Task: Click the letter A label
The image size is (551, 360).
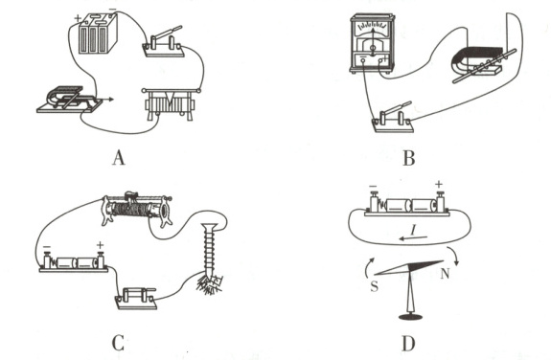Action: point(119,157)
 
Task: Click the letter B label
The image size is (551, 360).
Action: point(408,158)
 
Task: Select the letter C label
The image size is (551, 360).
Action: point(118,344)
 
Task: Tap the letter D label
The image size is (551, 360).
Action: point(408,344)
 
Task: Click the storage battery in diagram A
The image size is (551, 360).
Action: point(98,34)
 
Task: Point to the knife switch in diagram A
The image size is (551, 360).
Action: point(163,43)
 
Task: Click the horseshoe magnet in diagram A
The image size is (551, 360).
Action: point(66,97)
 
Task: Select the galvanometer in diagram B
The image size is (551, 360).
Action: point(372,43)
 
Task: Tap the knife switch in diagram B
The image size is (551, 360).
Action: point(393,119)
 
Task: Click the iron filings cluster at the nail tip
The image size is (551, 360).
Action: point(210,282)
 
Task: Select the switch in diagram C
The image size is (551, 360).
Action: point(136,298)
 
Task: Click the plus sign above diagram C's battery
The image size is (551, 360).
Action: point(101,245)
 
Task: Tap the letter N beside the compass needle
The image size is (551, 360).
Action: point(445,273)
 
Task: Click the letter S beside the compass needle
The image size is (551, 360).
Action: point(375,286)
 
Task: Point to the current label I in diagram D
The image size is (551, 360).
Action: point(414,230)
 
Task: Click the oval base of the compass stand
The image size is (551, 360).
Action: point(410,317)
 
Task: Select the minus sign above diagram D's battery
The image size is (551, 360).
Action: point(373,187)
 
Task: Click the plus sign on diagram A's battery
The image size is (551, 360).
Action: point(78,18)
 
